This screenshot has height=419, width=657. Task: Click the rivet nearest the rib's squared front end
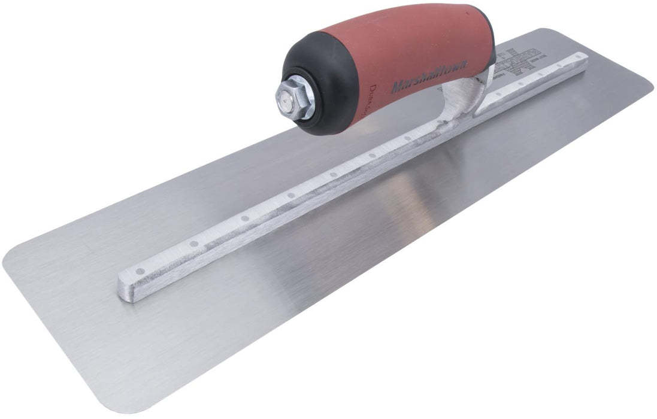pyautogui.click(x=140, y=271)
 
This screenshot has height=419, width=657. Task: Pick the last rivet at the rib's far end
pyautogui.click(x=577, y=57)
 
